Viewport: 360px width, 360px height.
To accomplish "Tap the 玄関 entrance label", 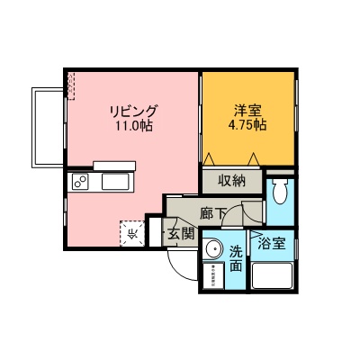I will coord(180,234).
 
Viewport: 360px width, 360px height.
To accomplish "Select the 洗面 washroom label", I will coord(236,258).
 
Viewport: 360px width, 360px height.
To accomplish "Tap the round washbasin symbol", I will coord(213,251).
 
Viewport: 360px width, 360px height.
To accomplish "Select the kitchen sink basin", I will coord(116,184).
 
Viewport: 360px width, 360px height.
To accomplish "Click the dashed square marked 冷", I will coord(132,234).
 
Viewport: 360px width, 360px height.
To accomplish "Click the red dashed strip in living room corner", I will coord(69,85).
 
